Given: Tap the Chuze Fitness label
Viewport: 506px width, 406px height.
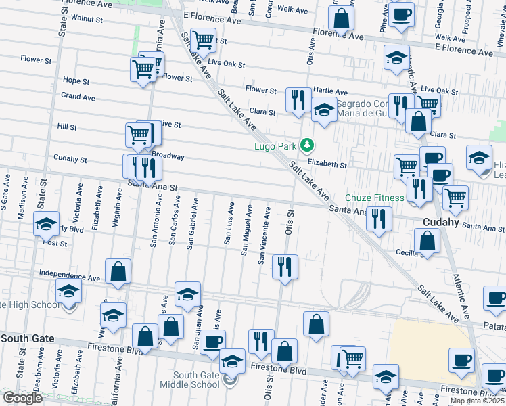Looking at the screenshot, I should (375, 198).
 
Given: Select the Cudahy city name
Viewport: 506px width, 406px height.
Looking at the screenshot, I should (441, 222).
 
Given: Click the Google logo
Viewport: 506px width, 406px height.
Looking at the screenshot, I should (22, 398).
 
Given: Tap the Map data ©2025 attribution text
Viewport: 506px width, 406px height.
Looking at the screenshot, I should (478, 401).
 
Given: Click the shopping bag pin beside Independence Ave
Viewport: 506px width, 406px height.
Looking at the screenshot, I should (118, 271).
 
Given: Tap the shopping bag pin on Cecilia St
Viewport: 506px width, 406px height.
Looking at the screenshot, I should (427, 241).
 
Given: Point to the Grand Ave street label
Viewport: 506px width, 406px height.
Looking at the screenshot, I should (78, 97).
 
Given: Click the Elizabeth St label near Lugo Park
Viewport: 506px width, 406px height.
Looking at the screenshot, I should (327, 164).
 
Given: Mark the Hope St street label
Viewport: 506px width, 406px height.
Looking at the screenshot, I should (76, 81).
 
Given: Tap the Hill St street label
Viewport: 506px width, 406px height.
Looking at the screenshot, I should (67, 127).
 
